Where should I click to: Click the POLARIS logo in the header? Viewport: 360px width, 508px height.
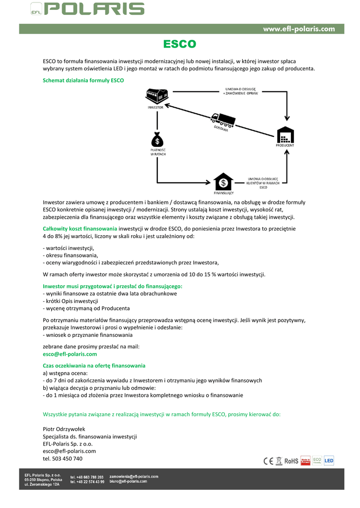click(94, 9)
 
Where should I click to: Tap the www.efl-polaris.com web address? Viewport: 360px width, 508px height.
click(299, 29)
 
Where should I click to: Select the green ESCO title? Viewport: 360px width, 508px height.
click(180, 45)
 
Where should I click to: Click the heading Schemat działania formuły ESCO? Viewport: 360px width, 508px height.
click(83, 80)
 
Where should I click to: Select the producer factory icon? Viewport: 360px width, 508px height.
click(285, 135)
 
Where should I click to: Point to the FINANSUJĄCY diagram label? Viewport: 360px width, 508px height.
click(223, 192)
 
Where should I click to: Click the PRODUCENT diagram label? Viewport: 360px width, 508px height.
click(285, 145)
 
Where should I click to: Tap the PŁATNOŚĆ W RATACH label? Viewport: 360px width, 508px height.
click(158, 151)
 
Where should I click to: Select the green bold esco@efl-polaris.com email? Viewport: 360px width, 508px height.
click(70, 354)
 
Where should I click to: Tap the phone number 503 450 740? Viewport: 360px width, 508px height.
click(63, 459)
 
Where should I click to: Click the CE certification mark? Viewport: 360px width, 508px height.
click(268, 461)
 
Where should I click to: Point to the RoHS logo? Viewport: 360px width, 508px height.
click(291, 461)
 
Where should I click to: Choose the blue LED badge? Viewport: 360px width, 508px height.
click(329, 461)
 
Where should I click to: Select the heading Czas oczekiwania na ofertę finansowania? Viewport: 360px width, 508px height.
click(94, 366)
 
